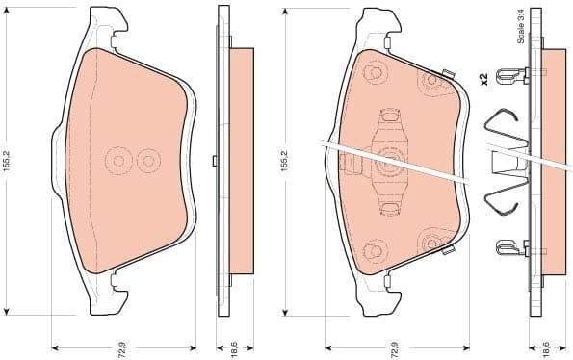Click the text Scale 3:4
pyautogui.click(x=520, y=25)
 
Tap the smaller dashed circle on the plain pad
pyautogui.click(x=147, y=160)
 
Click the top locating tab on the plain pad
pyautogui.click(x=114, y=42)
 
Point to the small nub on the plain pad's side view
pyautogui.click(x=214, y=160)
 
